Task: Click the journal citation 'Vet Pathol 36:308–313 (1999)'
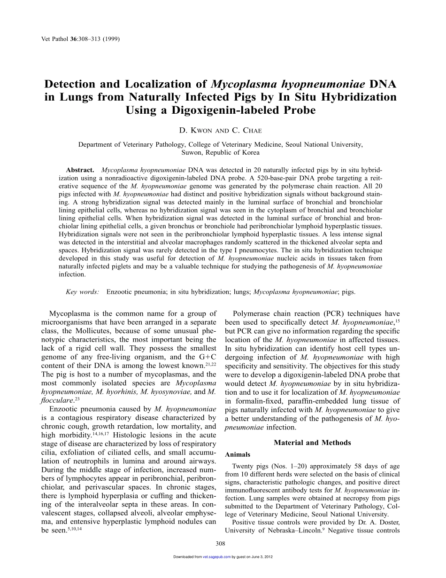click(77, 39)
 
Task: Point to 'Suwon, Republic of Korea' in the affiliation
click(220, 152)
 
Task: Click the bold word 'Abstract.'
click(80, 169)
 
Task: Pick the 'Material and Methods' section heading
click(312, 443)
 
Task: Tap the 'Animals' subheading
click(238, 454)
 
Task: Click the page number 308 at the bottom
click(221, 544)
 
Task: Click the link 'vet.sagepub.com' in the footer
click(216, 557)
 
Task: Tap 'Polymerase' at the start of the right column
click(255, 313)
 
